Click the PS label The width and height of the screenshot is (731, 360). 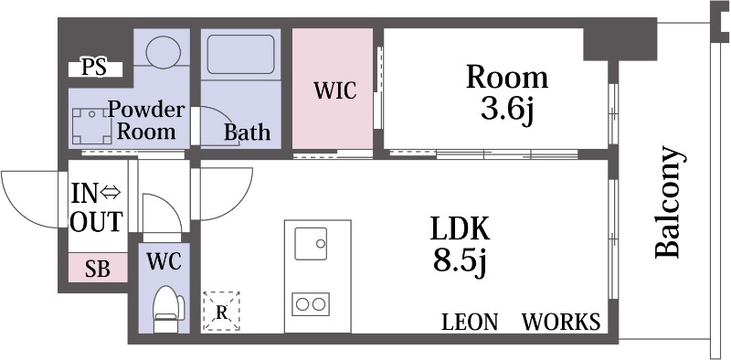[95, 69]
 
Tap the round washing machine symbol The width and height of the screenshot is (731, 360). [163, 52]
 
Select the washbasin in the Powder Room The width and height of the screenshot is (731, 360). [92, 126]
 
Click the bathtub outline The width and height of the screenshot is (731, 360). [240, 54]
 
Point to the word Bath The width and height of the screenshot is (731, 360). [247, 132]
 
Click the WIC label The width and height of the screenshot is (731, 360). [335, 90]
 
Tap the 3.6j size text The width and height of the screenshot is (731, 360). [507, 111]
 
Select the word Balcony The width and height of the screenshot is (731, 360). [670, 202]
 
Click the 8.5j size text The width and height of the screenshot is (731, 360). [461, 261]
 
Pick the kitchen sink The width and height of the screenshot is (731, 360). [311, 243]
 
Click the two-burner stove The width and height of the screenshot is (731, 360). [311, 304]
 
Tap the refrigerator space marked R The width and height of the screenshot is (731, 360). [221, 312]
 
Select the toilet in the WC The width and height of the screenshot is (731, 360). [168, 308]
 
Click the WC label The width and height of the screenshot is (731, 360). [164, 262]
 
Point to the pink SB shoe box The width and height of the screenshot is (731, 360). [98, 268]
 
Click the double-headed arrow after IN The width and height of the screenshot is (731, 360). [111, 193]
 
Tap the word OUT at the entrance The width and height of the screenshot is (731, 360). [97, 221]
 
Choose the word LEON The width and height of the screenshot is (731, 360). [470, 322]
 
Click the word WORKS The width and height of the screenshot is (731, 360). [561, 322]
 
